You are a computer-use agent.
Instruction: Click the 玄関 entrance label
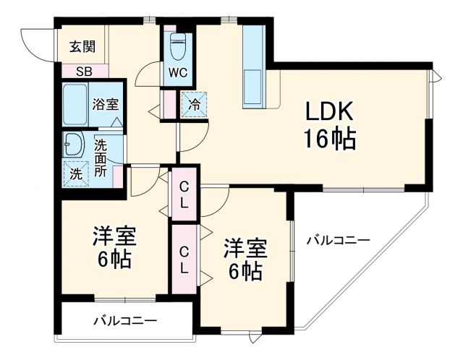pos(82,48)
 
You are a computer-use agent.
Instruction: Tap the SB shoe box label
pos(83,72)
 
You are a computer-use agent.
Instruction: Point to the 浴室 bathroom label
pos(106,103)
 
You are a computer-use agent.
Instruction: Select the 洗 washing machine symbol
pos(76,173)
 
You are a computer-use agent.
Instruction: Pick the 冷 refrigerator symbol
pos(194,106)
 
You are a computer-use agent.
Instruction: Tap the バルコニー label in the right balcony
pos(337,239)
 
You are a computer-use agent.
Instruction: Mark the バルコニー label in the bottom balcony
pos(125,320)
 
